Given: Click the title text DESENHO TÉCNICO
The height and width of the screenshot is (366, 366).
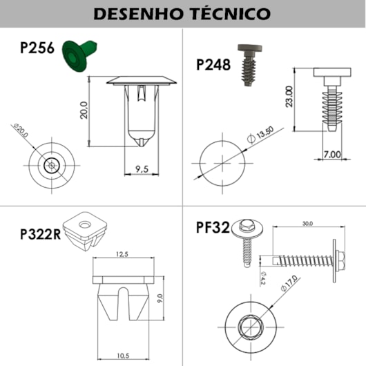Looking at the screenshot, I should (182, 13).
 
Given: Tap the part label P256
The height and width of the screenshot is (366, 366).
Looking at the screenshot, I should (38, 49).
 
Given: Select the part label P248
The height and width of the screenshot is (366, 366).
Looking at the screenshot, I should (215, 64).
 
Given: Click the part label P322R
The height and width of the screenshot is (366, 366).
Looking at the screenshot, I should (39, 234).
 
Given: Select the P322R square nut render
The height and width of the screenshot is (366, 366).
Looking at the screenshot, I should (83, 229).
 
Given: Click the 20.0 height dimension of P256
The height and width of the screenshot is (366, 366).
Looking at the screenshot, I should (84, 110).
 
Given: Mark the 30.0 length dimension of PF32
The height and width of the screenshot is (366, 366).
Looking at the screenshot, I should (307, 224).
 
